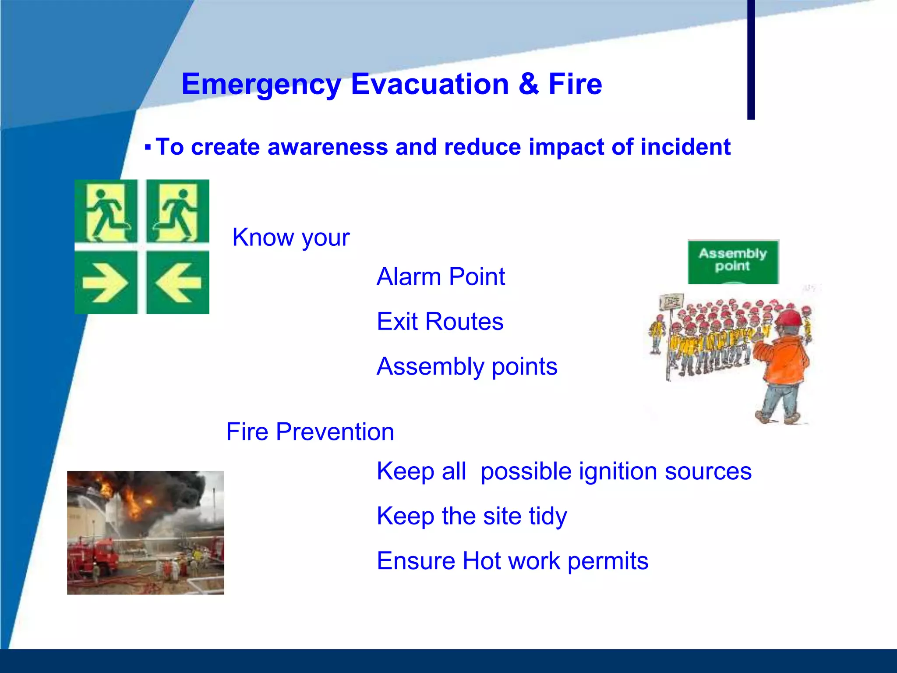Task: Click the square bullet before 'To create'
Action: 148,147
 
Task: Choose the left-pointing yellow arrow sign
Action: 178,283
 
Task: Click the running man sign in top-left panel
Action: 106,212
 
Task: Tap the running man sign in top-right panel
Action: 177,212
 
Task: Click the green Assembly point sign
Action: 733,262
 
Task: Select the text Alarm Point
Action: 441,277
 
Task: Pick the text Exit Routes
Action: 440,322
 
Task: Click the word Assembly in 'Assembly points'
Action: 430,366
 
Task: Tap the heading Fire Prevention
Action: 310,432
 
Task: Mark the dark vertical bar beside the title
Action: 751,59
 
